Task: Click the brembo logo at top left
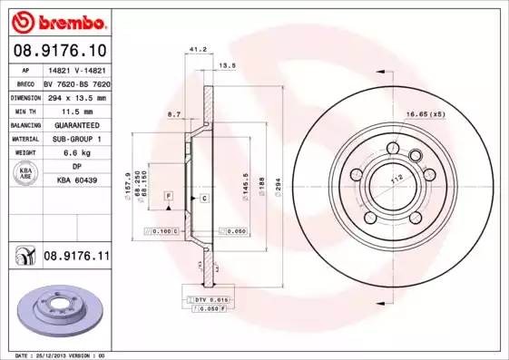pos(56,20)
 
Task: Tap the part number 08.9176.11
pos(77,258)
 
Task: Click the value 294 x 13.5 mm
pos(76,96)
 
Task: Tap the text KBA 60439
pos(76,181)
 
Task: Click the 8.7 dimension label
pos(176,115)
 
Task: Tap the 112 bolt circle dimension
pos(396,179)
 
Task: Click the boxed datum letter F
pos(168,196)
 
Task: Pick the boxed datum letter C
pos(204,198)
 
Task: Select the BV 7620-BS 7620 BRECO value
pos(76,83)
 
